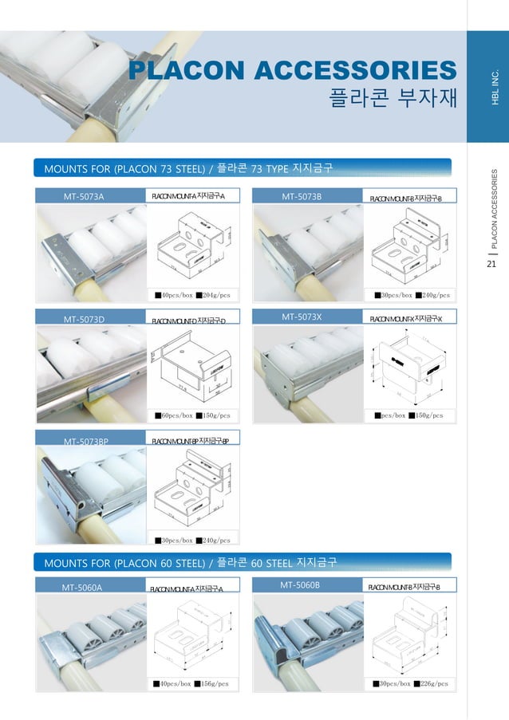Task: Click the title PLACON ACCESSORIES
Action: point(293,70)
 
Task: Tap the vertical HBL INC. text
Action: point(495,87)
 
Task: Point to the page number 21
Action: point(491,264)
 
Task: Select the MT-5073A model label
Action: point(84,195)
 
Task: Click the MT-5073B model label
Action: point(302,195)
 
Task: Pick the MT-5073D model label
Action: point(84,320)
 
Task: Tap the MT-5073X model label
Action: point(302,317)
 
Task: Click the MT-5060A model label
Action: point(82,588)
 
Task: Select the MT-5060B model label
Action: point(300,585)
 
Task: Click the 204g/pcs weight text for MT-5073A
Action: point(213,295)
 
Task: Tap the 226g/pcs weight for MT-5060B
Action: point(431,683)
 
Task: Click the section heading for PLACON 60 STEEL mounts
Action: point(190,563)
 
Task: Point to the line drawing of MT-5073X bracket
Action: point(408,367)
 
